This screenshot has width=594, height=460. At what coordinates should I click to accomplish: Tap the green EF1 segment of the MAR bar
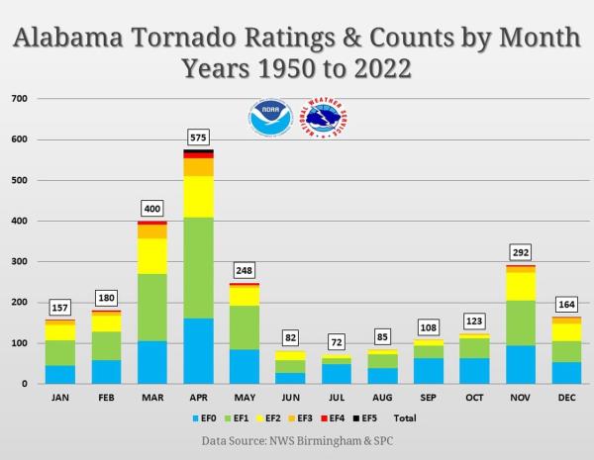coord(152,307)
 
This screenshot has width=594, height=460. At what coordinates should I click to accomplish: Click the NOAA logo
coord(269,120)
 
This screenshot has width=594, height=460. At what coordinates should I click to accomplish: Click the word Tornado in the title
coord(186,40)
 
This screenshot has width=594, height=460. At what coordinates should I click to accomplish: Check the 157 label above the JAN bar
coord(60,307)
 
